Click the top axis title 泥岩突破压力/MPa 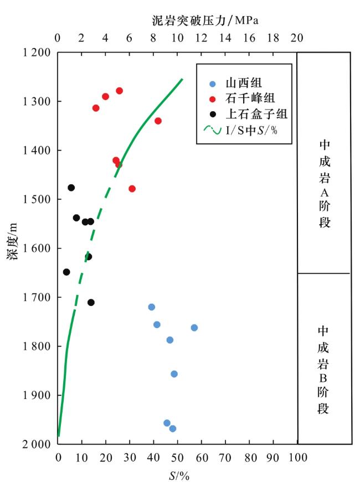(x=205, y=20)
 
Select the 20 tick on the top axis (x=297, y=38)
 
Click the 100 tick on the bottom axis (x=297, y=458)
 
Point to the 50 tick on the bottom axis (x=177, y=458)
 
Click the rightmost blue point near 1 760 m (x=194, y=328)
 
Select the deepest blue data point (x=172, y=428)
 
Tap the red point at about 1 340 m (x=158, y=121)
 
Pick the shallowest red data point (x=119, y=91)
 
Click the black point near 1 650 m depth (x=66, y=272)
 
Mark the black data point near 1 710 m (x=91, y=302)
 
